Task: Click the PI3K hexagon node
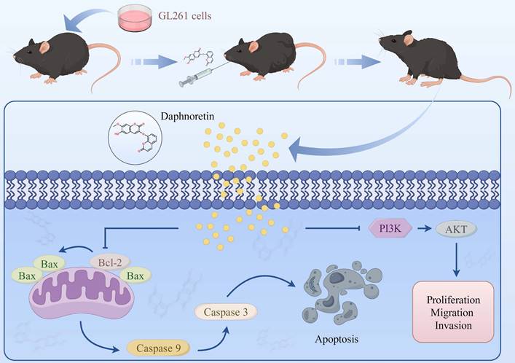point(391,228)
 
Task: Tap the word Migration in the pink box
point(457,312)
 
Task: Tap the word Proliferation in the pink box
point(457,299)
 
